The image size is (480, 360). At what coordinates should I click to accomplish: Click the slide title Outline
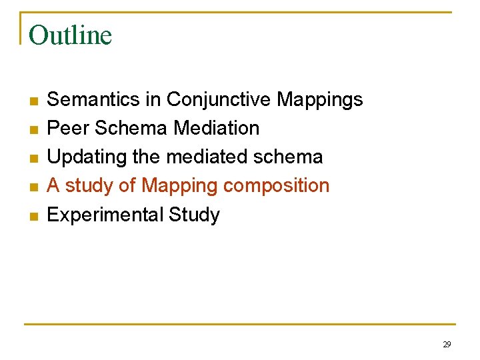click(x=70, y=35)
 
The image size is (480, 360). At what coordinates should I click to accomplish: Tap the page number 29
click(x=447, y=344)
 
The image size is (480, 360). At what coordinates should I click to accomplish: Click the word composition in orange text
click(x=276, y=186)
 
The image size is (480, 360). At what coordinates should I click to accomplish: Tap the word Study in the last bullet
click(x=194, y=215)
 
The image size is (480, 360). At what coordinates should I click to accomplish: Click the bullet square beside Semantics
click(x=33, y=101)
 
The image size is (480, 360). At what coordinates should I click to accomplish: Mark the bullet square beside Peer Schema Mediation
click(x=33, y=130)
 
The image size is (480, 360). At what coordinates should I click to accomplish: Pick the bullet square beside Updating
click(x=33, y=159)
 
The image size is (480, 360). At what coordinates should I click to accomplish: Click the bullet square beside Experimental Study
click(x=33, y=217)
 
